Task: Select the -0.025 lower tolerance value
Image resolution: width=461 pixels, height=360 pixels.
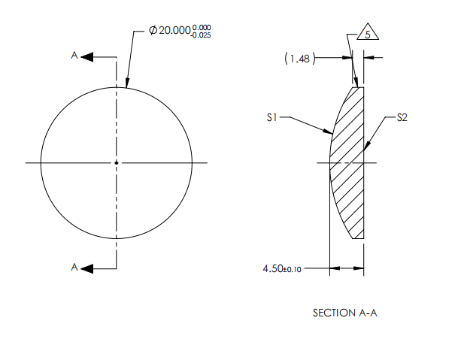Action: (x=202, y=35)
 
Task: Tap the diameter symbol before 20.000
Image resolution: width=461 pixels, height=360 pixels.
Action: (x=153, y=32)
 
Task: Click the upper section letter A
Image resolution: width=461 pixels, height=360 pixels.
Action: (x=74, y=56)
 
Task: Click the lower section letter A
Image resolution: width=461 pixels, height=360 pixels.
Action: (x=74, y=268)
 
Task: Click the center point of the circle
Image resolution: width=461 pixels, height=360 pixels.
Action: (x=116, y=162)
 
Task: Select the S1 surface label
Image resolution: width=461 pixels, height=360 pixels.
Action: (x=273, y=118)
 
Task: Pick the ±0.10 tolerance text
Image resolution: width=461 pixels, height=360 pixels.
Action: (x=292, y=269)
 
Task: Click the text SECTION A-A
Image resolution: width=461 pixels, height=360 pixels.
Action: (x=344, y=312)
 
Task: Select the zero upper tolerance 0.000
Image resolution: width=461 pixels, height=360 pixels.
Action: (x=202, y=28)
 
